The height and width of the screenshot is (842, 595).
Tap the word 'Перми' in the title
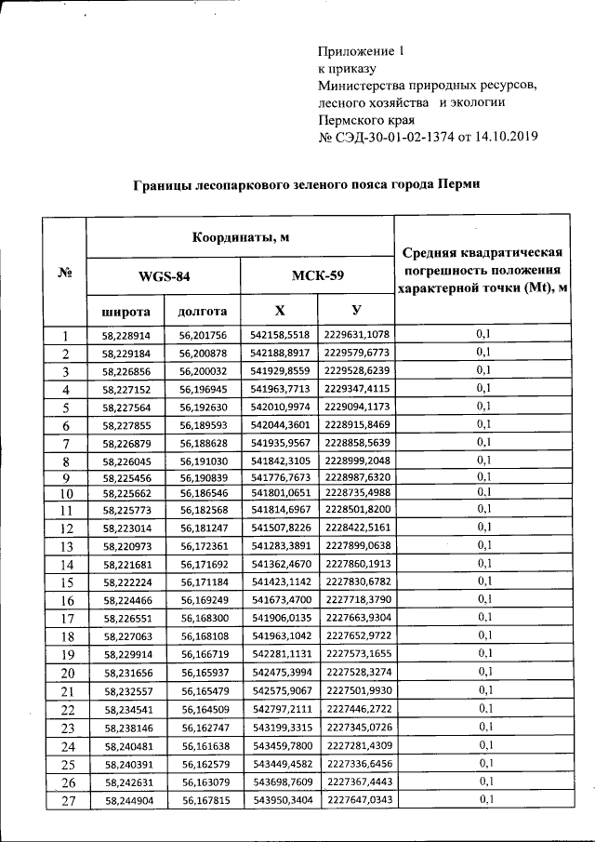(x=461, y=185)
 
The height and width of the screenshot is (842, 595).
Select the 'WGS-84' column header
(x=164, y=276)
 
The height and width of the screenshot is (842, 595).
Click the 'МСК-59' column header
(x=317, y=276)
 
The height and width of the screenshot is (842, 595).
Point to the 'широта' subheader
(x=125, y=310)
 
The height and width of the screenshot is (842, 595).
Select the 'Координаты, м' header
(x=241, y=236)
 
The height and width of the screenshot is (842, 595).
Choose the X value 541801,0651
(x=279, y=491)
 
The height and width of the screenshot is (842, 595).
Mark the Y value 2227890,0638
(x=357, y=545)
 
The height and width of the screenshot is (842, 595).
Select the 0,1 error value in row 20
(x=483, y=672)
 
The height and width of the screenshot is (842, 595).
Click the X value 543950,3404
(x=279, y=800)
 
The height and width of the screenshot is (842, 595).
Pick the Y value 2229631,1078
(x=357, y=335)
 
